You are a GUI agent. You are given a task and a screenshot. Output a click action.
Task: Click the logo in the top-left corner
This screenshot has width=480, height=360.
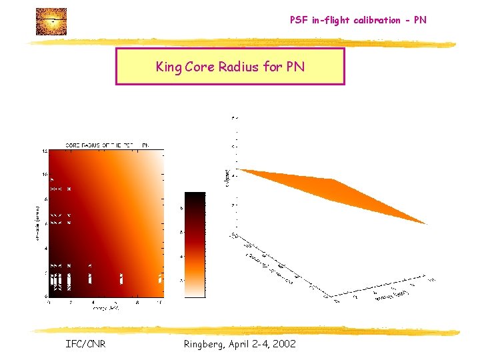[x=51, y=21]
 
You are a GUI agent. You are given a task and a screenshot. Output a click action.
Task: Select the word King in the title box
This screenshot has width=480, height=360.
[x=167, y=67]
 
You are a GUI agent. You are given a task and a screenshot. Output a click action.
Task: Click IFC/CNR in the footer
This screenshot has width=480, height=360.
[x=85, y=344]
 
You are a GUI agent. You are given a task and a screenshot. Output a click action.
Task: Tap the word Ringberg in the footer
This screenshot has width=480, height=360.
[x=206, y=344]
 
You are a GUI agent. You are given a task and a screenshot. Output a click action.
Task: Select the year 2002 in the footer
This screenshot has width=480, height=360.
[x=283, y=344]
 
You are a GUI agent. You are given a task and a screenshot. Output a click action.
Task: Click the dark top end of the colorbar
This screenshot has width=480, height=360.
[x=195, y=196]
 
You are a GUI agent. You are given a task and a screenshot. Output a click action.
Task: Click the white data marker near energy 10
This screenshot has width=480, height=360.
[x=161, y=279]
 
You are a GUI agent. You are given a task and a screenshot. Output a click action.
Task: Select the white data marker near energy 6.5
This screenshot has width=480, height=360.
[x=121, y=279]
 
